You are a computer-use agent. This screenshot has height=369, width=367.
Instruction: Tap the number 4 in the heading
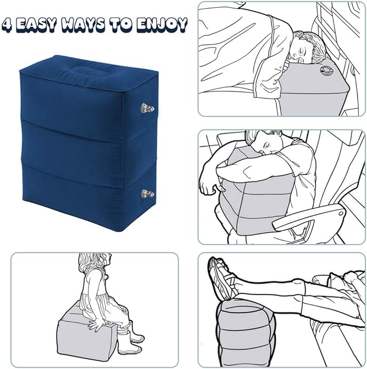click(8, 24)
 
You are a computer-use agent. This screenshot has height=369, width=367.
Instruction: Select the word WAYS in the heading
click(84, 24)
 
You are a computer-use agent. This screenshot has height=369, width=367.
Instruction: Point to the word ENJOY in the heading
click(162, 24)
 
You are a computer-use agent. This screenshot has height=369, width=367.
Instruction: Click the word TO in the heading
click(122, 24)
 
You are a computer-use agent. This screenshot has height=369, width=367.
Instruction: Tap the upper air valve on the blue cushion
click(148, 109)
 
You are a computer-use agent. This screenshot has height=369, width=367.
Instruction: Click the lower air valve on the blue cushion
click(148, 194)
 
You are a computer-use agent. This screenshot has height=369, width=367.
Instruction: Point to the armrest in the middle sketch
click(308, 216)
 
